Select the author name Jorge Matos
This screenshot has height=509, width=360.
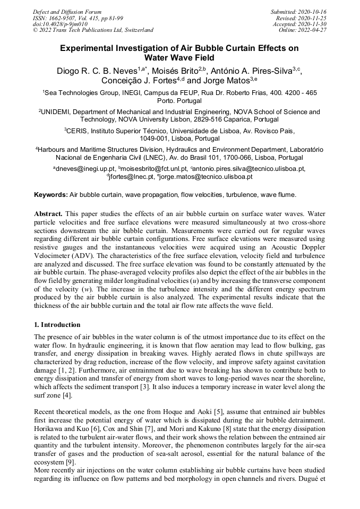coord(226,81)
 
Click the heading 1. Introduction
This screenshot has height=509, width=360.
coord(57,324)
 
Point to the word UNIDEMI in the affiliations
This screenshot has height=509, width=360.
coord(56,112)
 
